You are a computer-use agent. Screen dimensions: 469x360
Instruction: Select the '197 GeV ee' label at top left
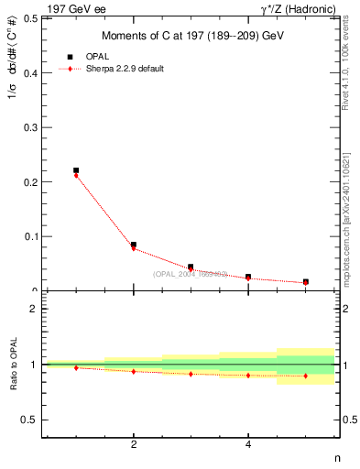coord(76,8)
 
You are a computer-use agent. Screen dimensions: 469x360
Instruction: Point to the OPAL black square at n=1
coord(76,170)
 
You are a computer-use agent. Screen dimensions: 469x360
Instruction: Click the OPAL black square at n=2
coord(134,245)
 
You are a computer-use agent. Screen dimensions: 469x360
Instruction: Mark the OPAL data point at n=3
coord(191,267)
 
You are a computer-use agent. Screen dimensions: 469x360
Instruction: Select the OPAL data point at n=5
coord(306,282)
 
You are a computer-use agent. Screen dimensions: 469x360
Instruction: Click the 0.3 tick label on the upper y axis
coord(31,127)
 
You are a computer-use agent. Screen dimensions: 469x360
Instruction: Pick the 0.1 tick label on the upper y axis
coord(31,236)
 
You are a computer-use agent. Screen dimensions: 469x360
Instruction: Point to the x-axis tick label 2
coord(134,445)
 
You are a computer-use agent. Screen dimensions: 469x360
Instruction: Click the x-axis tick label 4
coord(248,445)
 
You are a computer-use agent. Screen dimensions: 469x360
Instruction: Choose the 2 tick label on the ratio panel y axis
coord(34,309)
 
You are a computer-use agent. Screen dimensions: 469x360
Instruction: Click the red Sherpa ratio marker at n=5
coord(306,376)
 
